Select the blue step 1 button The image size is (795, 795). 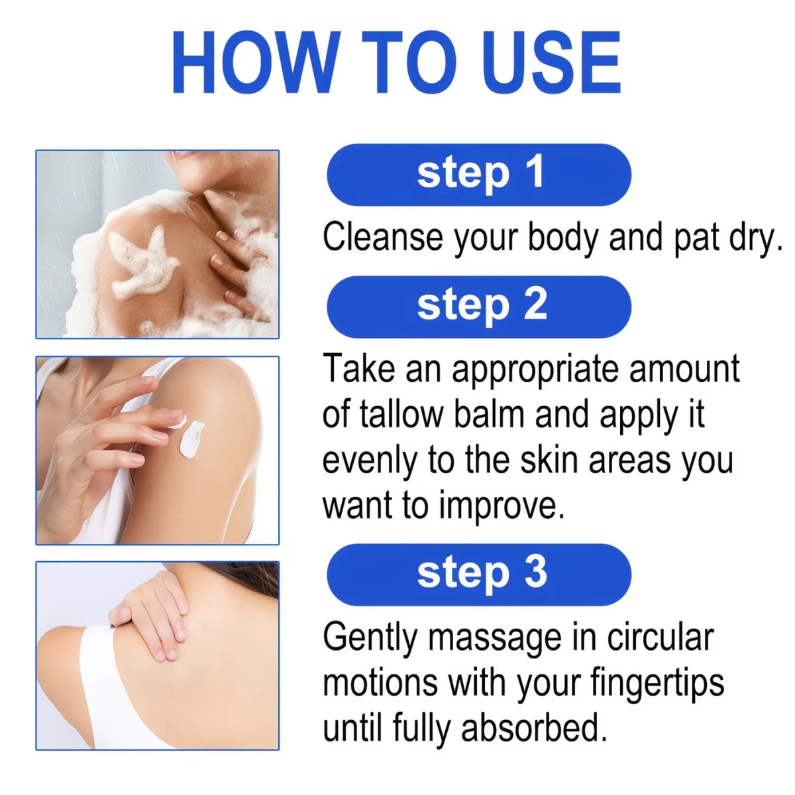click(x=478, y=174)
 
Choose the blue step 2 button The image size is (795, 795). click(x=478, y=307)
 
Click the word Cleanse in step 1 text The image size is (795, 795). click(x=382, y=237)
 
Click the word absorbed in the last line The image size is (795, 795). click(x=534, y=727)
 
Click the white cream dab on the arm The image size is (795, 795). click(x=191, y=438)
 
